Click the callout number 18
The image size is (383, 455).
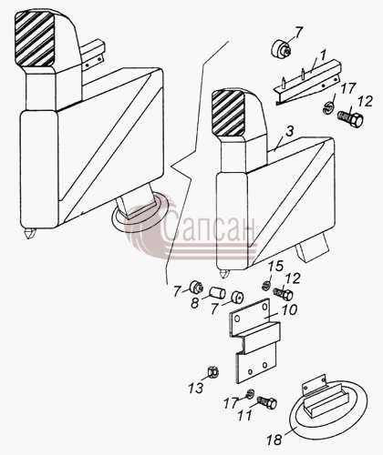(274, 440)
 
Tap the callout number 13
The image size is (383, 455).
(195, 388)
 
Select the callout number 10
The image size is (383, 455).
(289, 310)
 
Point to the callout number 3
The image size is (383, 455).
(290, 132)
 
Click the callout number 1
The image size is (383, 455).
(323, 56)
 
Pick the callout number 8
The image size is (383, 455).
(194, 303)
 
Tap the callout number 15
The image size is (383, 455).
(276, 266)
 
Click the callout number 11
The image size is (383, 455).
(245, 416)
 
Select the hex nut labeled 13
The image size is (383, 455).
(212, 372)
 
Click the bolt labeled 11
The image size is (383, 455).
(267, 402)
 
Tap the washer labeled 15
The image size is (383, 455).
(266, 286)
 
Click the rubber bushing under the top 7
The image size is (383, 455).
(281, 48)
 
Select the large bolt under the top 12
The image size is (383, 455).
(350, 118)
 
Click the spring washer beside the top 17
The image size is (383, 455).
(328, 107)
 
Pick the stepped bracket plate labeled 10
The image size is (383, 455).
(254, 339)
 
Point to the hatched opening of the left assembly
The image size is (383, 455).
(35, 39)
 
